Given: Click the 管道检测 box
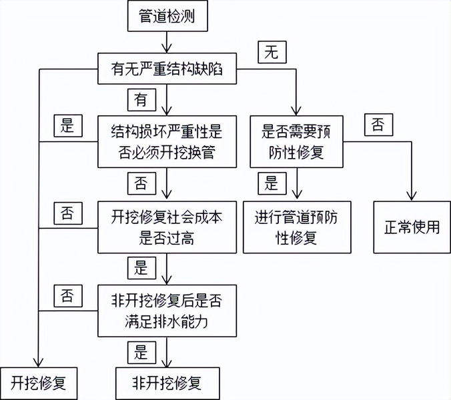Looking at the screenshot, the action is pos(167,16).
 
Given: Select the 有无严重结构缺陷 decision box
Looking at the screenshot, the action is pos(167,69).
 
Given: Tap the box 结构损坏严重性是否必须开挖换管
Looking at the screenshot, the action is pos(167,141).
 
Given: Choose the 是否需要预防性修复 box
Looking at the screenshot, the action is pos(296,141).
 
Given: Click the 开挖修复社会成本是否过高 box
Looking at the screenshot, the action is pos(167,227).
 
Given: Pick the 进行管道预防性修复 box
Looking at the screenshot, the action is pos(297,227).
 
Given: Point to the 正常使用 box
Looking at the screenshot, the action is pos(412,227).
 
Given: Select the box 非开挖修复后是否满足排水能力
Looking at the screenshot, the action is pos(167,311).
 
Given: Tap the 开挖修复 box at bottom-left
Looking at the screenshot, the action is pos(39,383).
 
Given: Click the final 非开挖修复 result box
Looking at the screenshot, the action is pos(167,383).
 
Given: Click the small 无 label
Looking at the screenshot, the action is pos(272,52).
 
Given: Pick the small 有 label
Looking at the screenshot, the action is pos(142,100).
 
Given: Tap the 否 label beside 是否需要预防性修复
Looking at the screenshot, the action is pos(379,125).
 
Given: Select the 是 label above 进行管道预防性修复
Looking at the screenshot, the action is pos(272,183).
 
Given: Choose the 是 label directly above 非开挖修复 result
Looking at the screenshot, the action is pos(142,353).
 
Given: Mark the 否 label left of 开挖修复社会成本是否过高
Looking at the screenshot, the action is pos(68,213).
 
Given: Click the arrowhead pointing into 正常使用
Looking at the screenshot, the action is pos(412,196).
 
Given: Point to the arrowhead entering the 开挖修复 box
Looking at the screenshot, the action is pos(39,362).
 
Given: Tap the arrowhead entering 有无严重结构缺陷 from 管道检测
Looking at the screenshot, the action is pos(167,48).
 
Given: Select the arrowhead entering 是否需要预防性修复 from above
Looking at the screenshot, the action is pos(296,111).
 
